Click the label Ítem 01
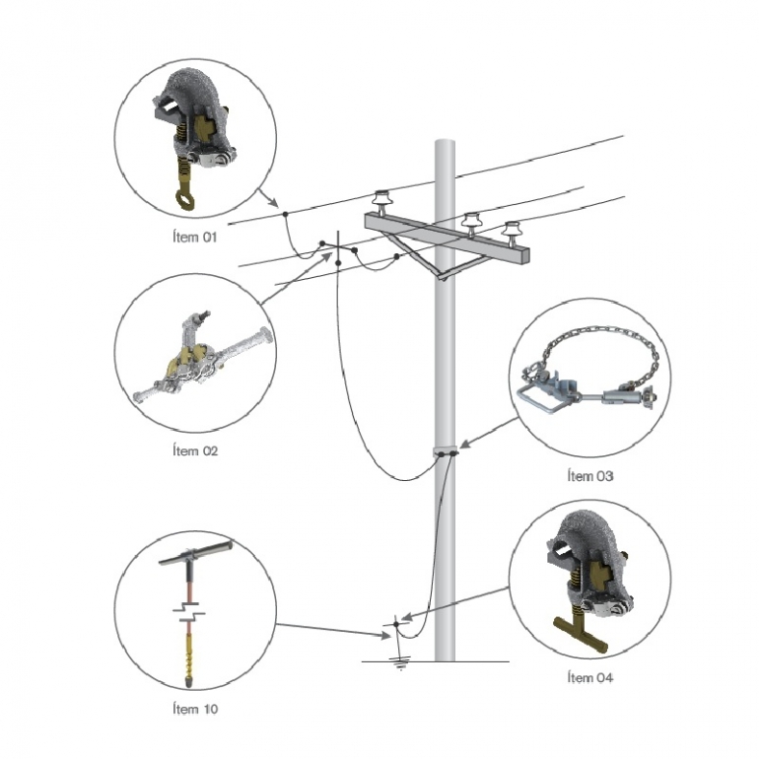pyautogui.click(x=194, y=237)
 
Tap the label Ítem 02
pyautogui.click(x=195, y=450)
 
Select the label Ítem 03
pyautogui.click(x=590, y=476)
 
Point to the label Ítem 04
pyautogui.click(x=590, y=677)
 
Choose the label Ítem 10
pyautogui.click(x=195, y=709)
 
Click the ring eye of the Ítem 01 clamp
pyautogui.click(x=185, y=200)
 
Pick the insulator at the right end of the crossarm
pyautogui.click(x=512, y=233)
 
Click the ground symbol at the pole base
pyautogui.click(x=400, y=663)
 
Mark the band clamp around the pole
pyautogui.click(x=446, y=451)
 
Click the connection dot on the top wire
pyautogui.click(x=285, y=214)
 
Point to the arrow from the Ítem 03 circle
pyautogui.click(x=488, y=432)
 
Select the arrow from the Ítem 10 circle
pyautogui.click(x=334, y=630)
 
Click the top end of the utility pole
pyautogui.click(x=445, y=141)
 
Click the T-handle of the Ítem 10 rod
pyautogui.click(x=196, y=553)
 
